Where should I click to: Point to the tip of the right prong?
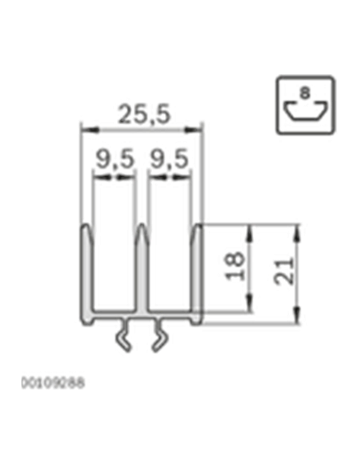199,227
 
